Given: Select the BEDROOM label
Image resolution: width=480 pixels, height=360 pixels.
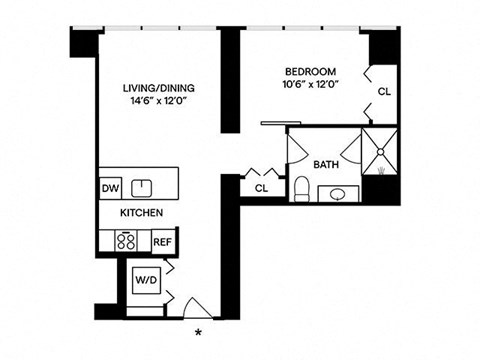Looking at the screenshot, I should tap(310, 72).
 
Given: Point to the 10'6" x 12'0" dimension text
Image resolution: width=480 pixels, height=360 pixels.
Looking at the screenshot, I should tap(310, 85).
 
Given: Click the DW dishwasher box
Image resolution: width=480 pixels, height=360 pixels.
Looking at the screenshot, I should tap(110, 186).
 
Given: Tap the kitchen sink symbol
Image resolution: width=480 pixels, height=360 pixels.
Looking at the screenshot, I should tap(144, 186).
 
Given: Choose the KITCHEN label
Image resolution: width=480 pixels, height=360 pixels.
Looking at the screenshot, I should tap(142, 214).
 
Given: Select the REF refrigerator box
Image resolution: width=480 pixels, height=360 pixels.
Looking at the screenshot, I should tap(163, 241).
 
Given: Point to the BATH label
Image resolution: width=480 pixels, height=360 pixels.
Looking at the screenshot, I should tap(326, 164).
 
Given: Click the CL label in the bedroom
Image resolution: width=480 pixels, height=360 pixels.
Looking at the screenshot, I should tap(384, 92).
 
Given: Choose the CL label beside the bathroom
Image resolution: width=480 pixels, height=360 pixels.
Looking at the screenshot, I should tap(262, 187).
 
